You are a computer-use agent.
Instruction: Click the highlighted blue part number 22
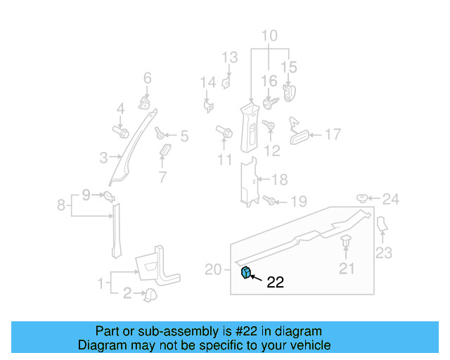247,273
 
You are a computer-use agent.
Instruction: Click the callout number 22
276,283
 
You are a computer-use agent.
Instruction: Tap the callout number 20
213,269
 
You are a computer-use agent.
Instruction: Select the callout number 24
390,200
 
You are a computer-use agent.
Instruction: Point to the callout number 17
332,134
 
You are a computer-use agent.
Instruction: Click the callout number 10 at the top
270,36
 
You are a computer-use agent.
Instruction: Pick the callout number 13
231,57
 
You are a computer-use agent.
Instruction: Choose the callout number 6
148,77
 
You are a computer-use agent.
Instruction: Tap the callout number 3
103,157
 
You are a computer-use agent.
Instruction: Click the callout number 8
61,205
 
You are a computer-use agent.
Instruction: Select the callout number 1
102,283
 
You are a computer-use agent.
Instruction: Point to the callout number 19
299,202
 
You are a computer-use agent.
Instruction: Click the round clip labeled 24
364,199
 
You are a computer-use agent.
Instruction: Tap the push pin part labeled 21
347,244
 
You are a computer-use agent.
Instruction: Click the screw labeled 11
225,131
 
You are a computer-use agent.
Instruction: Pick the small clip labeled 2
149,295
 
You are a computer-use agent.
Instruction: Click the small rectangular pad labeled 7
165,153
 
